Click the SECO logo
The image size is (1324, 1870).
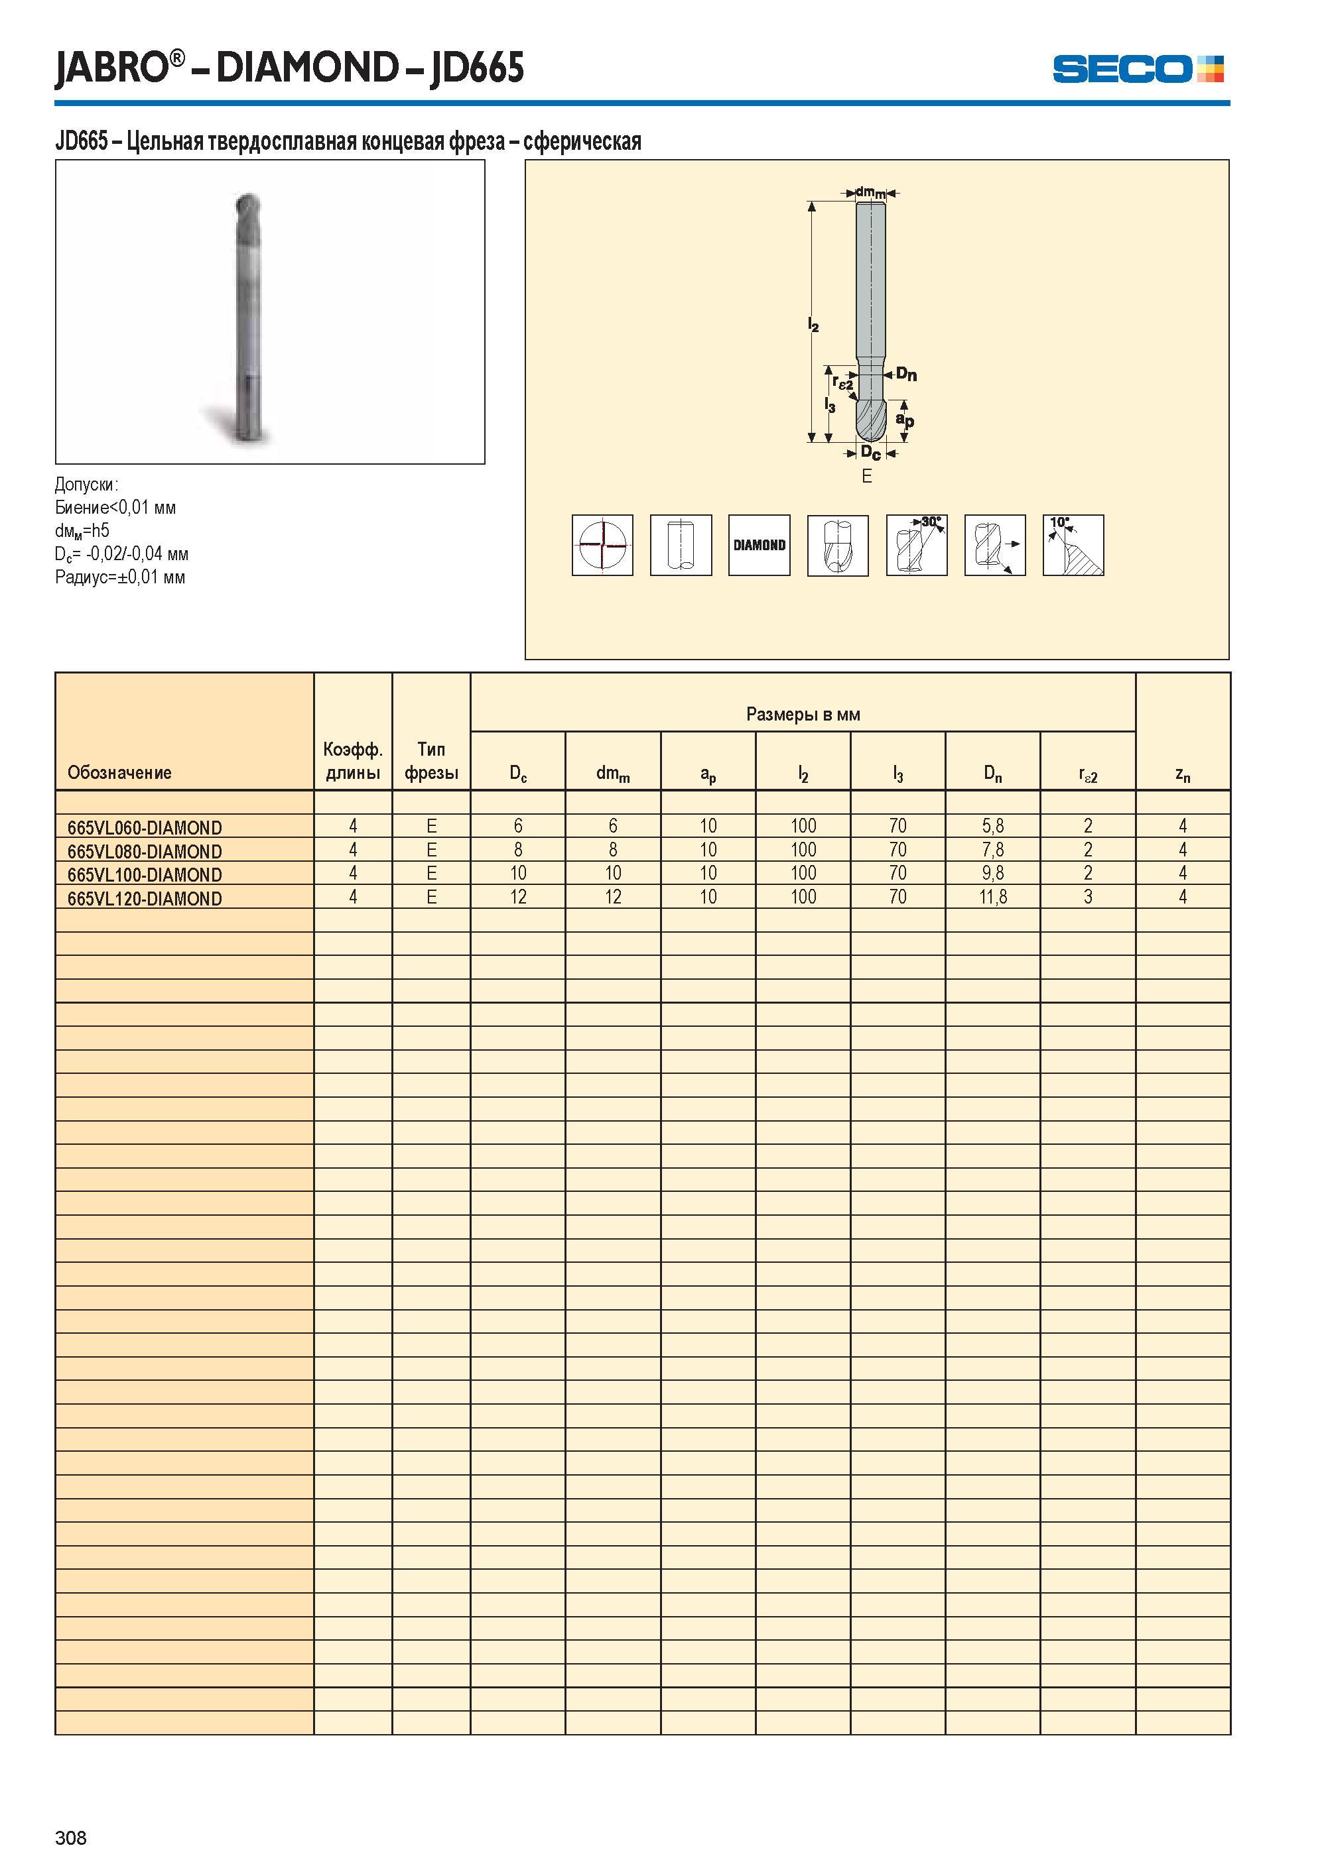pos(1138,68)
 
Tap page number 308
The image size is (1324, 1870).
pos(71,1838)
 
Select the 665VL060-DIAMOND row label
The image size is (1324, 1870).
pos(145,828)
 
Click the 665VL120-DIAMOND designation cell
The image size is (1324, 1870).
pos(145,899)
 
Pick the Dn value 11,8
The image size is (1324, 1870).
pos(992,897)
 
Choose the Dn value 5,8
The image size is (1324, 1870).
pos(992,826)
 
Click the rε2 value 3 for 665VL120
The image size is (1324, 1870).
pos(1088,897)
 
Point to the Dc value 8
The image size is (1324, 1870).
pos(517,850)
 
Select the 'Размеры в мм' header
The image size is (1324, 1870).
pos(803,715)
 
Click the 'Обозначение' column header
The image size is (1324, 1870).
pos(120,772)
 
